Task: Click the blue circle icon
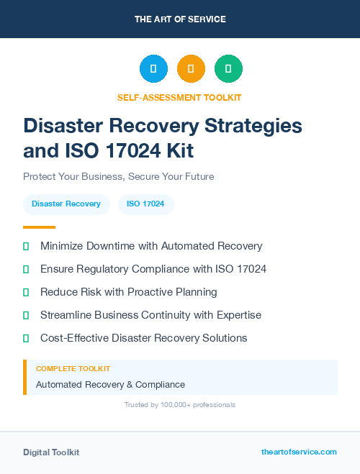(x=153, y=68)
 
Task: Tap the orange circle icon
(x=191, y=68)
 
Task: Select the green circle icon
(x=228, y=68)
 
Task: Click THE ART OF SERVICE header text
(x=179, y=19)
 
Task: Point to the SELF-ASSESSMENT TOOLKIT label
(x=179, y=97)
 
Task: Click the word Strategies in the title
(x=246, y=125)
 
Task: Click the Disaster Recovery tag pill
(x=66, y=204)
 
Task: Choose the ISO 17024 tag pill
(x=145, y=204)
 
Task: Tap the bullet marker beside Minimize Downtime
(x=26, y=246)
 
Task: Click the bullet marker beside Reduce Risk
(x=26, y=292)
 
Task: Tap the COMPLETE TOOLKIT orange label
(x=73, y=368)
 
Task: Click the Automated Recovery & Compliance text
(x=110, y=385)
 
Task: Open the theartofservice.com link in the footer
(x=299, y=452)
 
